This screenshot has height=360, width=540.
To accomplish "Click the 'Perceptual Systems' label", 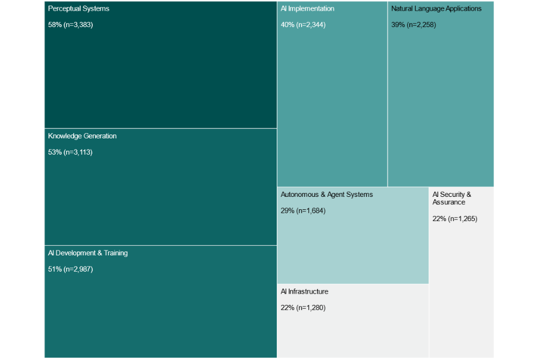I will [x=79, y=9].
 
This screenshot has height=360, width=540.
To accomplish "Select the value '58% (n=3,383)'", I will [x=70, y=25].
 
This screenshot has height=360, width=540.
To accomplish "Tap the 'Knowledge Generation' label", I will [x=82, y=136].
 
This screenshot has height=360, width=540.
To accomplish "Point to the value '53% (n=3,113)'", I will [x=70, y=152].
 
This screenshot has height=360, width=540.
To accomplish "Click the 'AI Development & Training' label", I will [x=88, y=253].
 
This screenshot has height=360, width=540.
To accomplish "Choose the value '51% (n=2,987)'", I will [x=70, y=269].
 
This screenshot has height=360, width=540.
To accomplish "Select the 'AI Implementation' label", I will [x=307, y=9].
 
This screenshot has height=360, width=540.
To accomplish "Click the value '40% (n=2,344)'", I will [x=303, y=25].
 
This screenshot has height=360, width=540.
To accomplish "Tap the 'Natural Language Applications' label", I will [x=436, y=9].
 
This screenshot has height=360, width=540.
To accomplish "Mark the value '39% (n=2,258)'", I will [x=413, y=25].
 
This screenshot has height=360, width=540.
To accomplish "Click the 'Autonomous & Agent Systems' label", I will [x=327, y=195].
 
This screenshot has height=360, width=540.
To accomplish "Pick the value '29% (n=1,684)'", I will [x=303, y=211].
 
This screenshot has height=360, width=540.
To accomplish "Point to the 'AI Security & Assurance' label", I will [x=452, y=198].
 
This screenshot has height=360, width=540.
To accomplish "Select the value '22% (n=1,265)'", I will [x=454, y=219].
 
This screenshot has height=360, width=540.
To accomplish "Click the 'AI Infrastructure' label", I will [x=304, y=291].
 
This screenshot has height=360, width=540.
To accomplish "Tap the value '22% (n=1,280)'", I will [x=303, y=308].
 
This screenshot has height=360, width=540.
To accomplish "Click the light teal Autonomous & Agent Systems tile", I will [x=353, y=247].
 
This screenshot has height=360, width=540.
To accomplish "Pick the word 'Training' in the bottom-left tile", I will [x=115, y=253].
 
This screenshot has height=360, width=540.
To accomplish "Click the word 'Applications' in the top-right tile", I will [x=463, y=9].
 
